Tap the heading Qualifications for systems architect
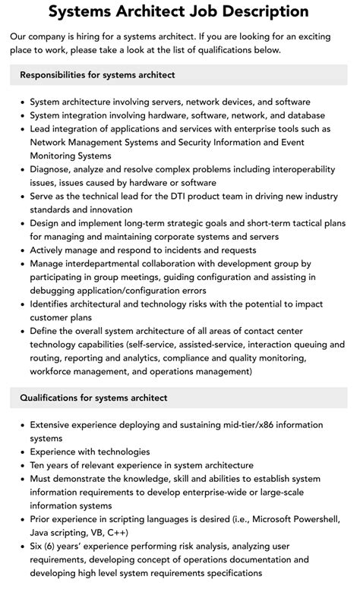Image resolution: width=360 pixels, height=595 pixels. pyautogui.click(x=93, y=398)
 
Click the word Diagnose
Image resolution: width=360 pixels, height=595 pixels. pyautogui.click(x=52, y=169)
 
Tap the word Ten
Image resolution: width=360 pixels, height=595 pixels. pyautogui.click(x=39, y=465)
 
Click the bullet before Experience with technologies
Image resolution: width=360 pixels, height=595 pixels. pyautogui.click(x=21, y=452)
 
